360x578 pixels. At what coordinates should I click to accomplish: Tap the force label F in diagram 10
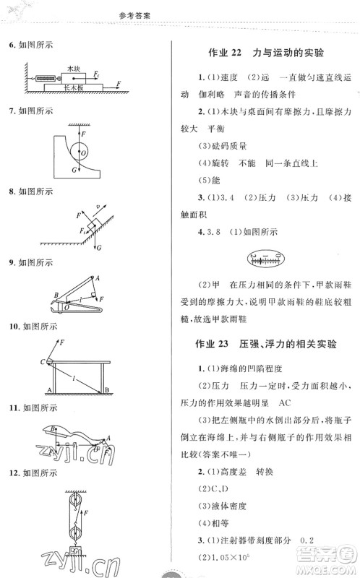coord(62,342)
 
